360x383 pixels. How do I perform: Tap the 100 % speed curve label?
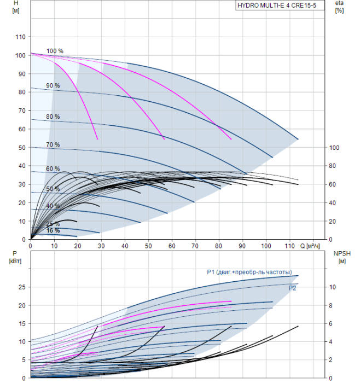pyautogui.click(x=55, y=51)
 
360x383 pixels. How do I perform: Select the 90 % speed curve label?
pyautogui.click(x=53, y=85)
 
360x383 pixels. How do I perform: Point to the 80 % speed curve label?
pyautogui.click(x=53, y=117)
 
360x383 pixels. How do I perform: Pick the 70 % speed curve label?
pyautogui.click(x=53, y=144)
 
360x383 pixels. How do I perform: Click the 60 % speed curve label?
pyautogui.click(x=53, y=169)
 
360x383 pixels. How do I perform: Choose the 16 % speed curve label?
pyautogui.click(x=53, y=231)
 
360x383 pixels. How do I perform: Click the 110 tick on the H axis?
pyautogui.click(x=21, y=37)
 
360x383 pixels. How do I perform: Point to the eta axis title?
pyautogui.click(x=339, y=3)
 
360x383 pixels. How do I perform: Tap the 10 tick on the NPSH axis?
pyautogui.click(x=334, y=287)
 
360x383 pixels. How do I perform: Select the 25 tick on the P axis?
pyautogui.click(x=22, y=287)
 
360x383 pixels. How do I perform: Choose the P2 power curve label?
pyautogui.click(x=293, y=288)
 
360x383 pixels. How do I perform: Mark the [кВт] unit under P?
pyautogui.click(x=14, y=260)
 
